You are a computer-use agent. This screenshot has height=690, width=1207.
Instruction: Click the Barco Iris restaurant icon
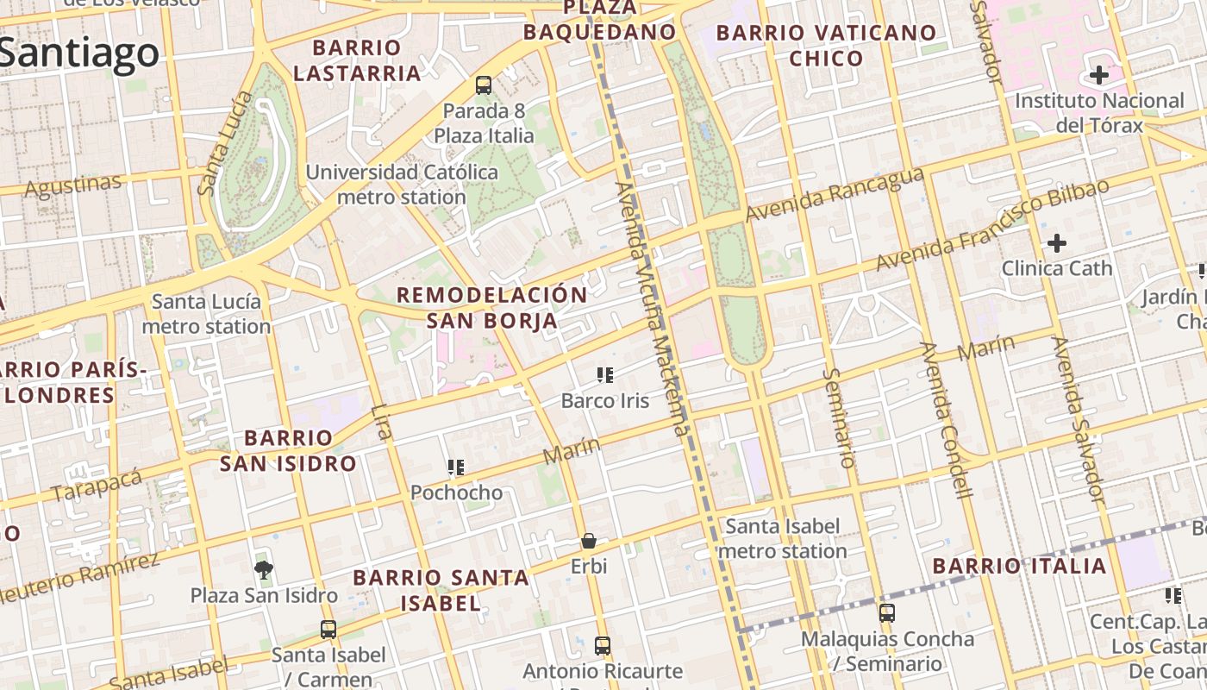[x=604, y=374]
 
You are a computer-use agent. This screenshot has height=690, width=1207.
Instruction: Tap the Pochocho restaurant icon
[x=456, y=467]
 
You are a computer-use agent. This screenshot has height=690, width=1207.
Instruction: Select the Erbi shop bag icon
[x=589, y=541]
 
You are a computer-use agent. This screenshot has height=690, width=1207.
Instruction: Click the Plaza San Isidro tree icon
[x=264, y=568]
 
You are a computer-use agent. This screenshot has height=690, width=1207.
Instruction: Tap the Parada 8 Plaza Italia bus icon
[x=484, y=85]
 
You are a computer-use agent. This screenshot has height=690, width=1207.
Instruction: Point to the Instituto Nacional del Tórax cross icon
[x=1099, y=75]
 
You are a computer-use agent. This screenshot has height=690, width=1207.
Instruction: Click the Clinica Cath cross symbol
[x=1057, y=243]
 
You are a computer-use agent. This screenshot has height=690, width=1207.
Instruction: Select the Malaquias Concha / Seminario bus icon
[x=887, y=613]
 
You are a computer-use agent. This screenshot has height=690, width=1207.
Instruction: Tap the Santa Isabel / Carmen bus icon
[x=328, y=630]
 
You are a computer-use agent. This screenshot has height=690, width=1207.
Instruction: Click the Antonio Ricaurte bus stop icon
[x=603, y=645]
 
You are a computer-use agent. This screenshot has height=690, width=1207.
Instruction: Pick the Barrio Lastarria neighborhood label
[x=357, y=60]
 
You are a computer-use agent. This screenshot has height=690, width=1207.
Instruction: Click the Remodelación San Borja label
[x=491, y=307]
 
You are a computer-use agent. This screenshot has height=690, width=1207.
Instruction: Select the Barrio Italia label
[x=1020, y=566]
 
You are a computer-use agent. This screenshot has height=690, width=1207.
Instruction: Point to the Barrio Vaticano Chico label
[x=826, y=46]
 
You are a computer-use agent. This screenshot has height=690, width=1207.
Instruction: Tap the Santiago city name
[x=79, y=53]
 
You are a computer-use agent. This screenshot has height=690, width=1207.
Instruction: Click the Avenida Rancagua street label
[x=835, y=194]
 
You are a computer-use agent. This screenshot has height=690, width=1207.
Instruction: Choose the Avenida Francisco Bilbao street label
[x=991, y=225]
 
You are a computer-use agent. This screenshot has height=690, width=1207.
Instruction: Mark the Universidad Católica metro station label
[x=402, y=184]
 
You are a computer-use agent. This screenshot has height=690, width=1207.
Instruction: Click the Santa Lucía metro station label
[x=206, y=314]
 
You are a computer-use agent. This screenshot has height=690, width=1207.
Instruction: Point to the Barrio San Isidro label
[x=287, y=450]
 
